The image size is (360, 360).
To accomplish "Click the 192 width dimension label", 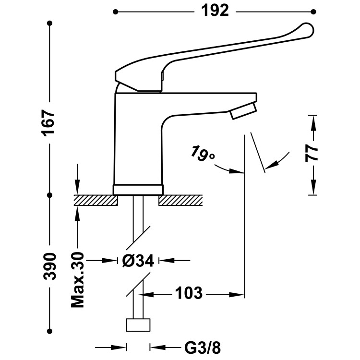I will [x=216, y=11].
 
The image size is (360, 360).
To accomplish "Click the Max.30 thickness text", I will [x=77, y=280].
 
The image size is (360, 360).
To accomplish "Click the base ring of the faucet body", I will [x=138, y=189].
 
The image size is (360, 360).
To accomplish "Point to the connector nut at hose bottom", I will [x=138, y=325].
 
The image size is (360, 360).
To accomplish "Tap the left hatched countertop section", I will [x=96, y=200].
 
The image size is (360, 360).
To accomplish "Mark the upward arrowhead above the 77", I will [x=312, y=121].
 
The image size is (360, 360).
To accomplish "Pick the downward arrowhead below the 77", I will [x=312, y=189].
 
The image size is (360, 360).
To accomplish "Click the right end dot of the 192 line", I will [x=314, y=11].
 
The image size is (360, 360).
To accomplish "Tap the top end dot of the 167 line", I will [x=50, y=23].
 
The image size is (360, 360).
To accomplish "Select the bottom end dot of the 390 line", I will [x=50, y=331].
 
